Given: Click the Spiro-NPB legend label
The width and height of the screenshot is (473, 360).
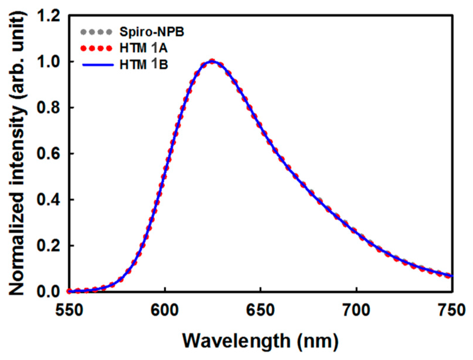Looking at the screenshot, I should (x=152, y=32).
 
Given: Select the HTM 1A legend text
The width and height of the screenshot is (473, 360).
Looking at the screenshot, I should (x=144, y=48).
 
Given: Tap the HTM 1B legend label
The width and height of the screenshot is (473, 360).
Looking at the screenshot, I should (x=144, y=64).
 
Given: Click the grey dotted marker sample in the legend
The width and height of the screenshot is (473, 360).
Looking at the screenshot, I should (x=96, y=32).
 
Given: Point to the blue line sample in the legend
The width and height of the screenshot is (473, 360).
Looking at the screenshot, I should (x=98, y=65).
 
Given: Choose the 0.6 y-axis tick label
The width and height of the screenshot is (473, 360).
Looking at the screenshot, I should (x=50, y=153).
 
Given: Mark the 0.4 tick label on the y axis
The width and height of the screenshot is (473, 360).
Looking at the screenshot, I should (x=50, y=199).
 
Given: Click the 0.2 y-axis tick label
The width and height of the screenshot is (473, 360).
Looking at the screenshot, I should (x=50, y=246).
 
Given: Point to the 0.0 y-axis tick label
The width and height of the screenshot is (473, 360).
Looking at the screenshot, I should (x=50, y=292).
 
